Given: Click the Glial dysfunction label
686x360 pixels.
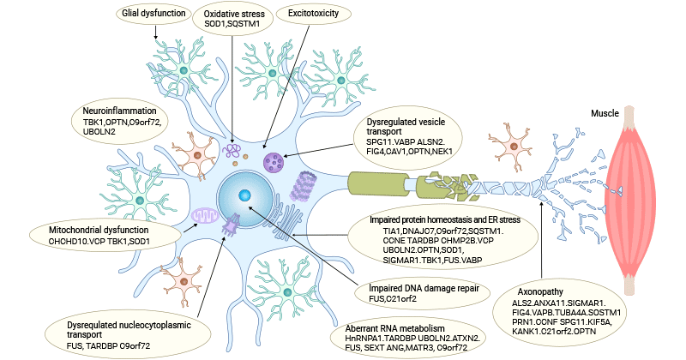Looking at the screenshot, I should click(154, 14).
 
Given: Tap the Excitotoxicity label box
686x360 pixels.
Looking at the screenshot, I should click(313, 14).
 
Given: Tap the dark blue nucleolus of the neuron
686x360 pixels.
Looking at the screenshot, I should click(245, 195).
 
